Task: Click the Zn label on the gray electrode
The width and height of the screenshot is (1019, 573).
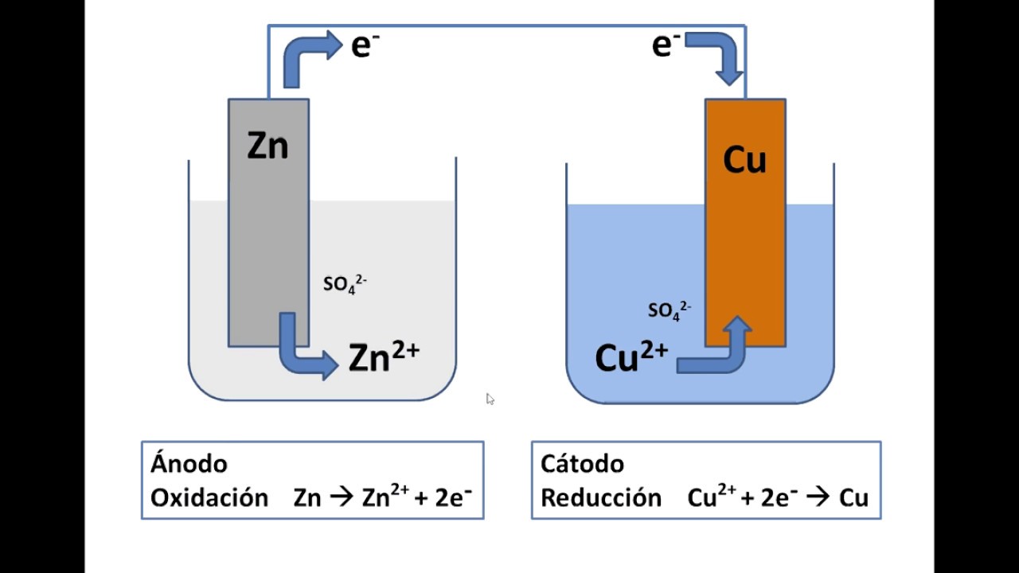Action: pyautogui.click(x=267, y=146)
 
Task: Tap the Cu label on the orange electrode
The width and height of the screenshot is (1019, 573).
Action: pyautogui.click(x=744, y=160)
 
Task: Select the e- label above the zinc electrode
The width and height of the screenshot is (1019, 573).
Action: pyautogui.click(x=365, y=45)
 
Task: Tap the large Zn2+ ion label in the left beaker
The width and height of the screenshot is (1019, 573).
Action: pyautogui.click(x=384, y=357)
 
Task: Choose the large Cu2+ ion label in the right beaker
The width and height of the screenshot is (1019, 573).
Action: pyautogui.click(x=631, y=357)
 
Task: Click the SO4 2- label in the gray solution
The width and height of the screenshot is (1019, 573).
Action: pyautogui.click(x=345, y=284)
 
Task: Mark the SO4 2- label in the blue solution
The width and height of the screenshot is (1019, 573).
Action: pyautogui.click(x=670, y=310)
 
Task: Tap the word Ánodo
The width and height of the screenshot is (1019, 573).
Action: pyautogui.click(x=189, y=464)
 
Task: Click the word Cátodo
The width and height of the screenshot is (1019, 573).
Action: pyautogui.click(x=582, y=464)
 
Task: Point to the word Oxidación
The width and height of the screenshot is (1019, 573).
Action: pyautogui.click(x=209, y=497)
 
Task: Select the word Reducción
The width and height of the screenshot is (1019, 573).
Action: pyautogui.click(x=601, y=497)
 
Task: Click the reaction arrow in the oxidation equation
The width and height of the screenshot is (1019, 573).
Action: pyautogui.click(x=342, y=497)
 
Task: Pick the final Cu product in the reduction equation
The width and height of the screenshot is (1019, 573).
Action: pyautogui.click(x=854, y=497)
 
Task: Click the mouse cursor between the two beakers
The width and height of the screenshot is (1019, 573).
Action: pyautogui.click(x=490, y=399)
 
